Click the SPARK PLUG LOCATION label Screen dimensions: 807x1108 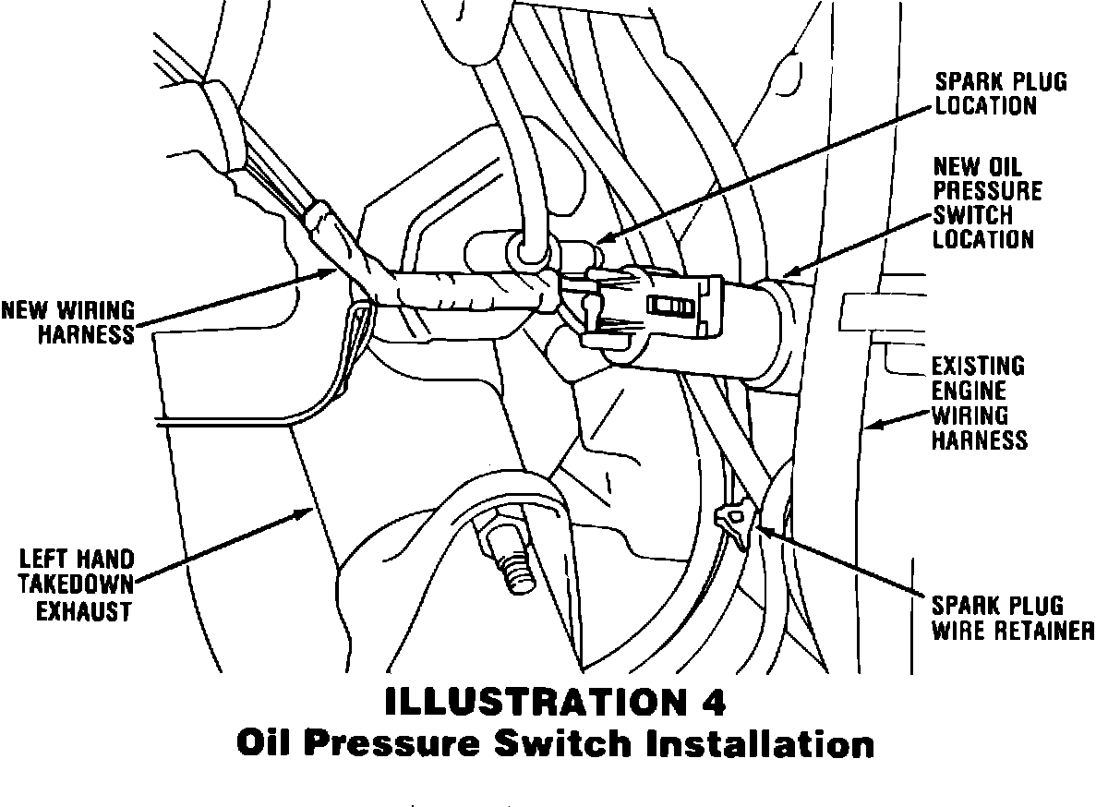(x=1001, y=93)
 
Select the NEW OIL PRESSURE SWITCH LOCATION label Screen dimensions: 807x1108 (x=986, y=203)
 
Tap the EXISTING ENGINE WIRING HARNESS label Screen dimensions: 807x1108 (x=979, y=403)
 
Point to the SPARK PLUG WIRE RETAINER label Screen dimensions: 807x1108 (x=1012, y=619)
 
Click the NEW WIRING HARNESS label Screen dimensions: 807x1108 (x=68, y=321)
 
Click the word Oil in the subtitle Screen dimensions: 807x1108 (x=269, y=743)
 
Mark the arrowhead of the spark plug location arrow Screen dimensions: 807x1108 (x=597, y=243)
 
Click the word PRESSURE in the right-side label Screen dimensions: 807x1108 (x=987, y=191)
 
